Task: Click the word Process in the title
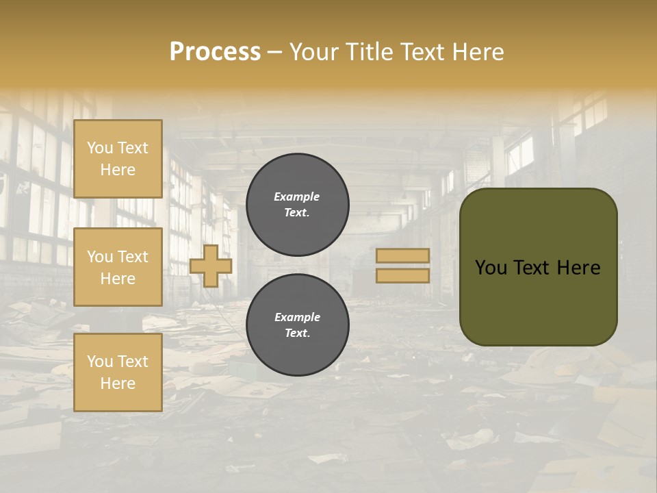tap(215, 52)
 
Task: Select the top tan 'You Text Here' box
tap(118, 159)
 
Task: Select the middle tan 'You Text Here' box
tap(118, 267)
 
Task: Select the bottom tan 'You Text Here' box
tap(118, 372)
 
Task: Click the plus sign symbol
tap(210, 266)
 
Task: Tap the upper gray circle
tap(297, 204)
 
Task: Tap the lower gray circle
tap(297, 325)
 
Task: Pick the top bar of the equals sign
tap(402, 255)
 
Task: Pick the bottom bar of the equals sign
tap(402, 275)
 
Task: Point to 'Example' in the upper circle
tap(296, 197)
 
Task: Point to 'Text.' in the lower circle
tap(297, 333)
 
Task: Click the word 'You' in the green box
tap(491, 268)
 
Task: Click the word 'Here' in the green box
tap(578, 268)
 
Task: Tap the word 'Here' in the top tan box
tap(118, 170)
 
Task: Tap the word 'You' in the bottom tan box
tap(100, 361)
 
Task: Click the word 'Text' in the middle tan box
tap(133, 257)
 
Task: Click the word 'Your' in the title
tap(315, 52)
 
